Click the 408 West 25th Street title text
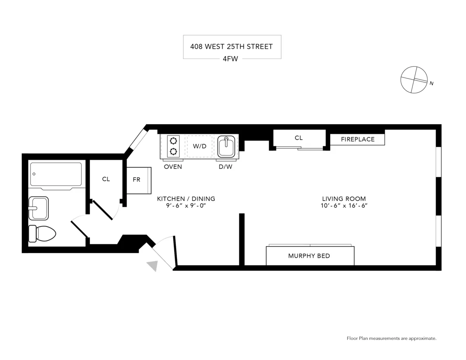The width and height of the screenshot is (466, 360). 231,47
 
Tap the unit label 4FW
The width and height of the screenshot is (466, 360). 230,59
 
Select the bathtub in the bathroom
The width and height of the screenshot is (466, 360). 56,174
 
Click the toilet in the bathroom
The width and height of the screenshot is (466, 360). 42,233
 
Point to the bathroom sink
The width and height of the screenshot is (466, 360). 38,208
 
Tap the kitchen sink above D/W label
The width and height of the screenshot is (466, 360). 227,146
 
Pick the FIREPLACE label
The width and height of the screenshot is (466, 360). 358,139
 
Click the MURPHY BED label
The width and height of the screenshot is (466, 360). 309,256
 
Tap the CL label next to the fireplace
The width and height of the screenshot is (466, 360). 298,138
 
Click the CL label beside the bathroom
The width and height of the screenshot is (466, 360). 106,179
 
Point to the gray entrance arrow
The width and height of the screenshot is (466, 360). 153,266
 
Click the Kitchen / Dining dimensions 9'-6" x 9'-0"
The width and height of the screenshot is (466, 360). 186,206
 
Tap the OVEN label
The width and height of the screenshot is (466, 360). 173,167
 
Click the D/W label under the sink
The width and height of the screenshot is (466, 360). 225,167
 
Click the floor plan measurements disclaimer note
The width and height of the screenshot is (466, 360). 391,338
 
